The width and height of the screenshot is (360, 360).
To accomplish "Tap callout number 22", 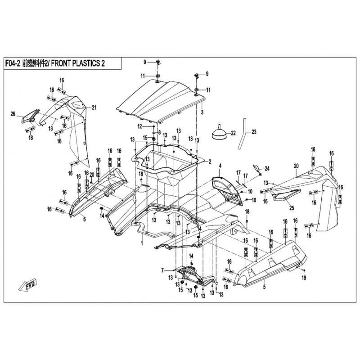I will point(233,133).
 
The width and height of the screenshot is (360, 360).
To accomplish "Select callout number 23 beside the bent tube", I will point(253,132).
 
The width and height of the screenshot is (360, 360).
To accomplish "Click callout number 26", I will point(13,113).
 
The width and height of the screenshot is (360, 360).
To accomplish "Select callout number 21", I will point(94,107).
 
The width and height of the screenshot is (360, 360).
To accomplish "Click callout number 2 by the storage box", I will point(209,161).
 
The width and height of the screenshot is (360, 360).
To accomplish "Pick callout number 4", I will point(220,166).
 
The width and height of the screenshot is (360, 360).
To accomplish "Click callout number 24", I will point(267,169).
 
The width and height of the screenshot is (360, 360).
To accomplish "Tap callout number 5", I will point(264,287).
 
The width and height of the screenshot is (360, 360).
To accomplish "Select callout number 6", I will point(84,219).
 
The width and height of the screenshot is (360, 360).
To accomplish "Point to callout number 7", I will point(162,270).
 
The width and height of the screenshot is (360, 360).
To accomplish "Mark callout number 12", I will point(139,126).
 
